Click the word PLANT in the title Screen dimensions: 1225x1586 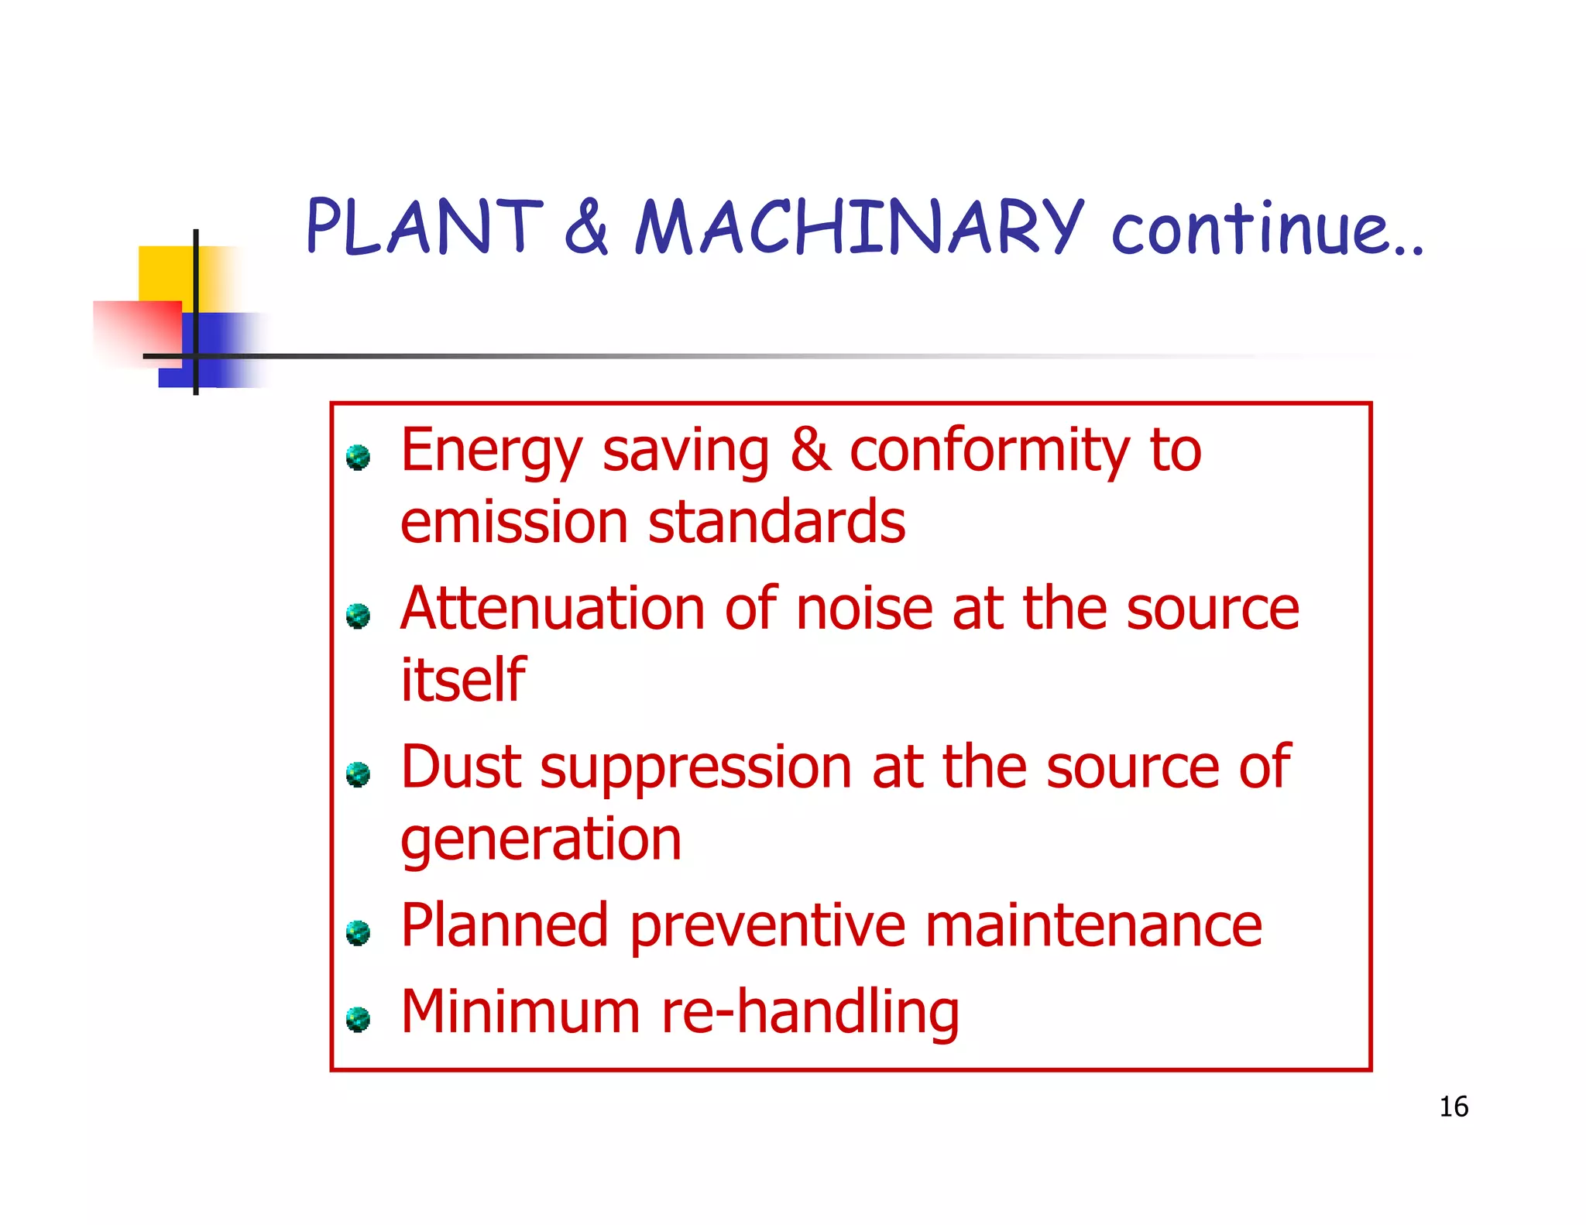coord(424,226)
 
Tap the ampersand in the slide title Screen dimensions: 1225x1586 coord(586,226)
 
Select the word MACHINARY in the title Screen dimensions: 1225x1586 coord(859,226)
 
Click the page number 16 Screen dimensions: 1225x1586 coord(1454,1107)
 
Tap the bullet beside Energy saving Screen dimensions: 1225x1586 coord(358,458)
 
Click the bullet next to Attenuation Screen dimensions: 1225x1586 coord(358,616)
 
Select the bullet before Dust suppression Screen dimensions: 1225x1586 coord(358,774)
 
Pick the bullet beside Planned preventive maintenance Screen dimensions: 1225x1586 coord(358,932)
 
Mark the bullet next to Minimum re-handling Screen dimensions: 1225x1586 coord(358,1019)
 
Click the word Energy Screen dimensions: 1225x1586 coord(491,451)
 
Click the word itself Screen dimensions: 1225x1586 coord(463,680)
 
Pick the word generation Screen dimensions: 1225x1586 coord(541,840)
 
